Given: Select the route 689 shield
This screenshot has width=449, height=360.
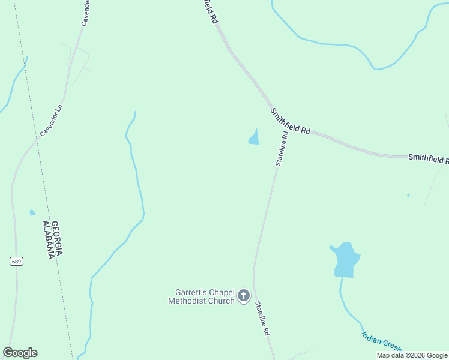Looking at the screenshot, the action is (16, 261).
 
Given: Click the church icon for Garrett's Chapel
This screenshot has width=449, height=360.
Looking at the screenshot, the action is (244, 295).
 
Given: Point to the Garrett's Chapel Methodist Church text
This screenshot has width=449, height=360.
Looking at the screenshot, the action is (201, 296).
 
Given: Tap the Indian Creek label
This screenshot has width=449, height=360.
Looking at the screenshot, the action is (381, 341).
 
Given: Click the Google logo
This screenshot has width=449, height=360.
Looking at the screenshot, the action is (20, 353).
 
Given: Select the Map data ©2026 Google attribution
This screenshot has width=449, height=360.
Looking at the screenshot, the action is (412, 355).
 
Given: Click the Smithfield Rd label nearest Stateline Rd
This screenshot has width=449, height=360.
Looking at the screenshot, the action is (289, 121).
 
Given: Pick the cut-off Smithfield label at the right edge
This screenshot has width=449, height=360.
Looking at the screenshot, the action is (428, 158).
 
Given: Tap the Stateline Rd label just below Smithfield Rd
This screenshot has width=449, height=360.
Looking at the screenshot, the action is (282, 148).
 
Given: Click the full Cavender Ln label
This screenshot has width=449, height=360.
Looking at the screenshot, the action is (52, 120).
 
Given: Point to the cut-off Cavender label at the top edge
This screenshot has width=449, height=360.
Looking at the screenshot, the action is (86, 13).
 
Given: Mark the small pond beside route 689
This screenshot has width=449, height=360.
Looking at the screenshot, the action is (32, 212).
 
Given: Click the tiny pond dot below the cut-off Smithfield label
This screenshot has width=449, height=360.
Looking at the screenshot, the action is (408, 195).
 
